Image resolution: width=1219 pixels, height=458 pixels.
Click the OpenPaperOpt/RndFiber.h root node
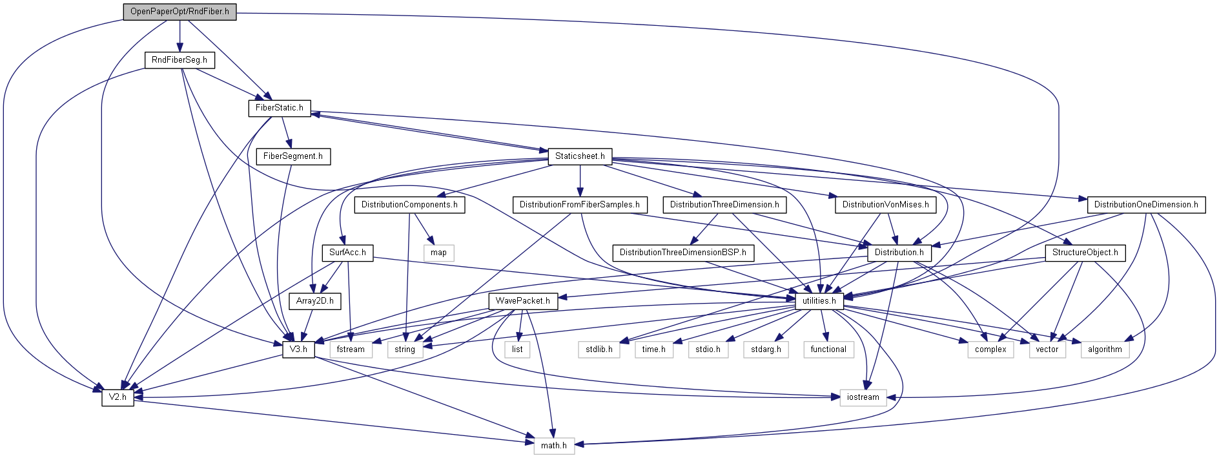[x=179, y=12]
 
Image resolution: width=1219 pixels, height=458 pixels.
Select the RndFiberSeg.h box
[x=179, y=60]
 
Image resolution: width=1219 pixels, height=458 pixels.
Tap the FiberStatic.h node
[x=279, y=108]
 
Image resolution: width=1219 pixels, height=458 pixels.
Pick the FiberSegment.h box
[x=292, y=156]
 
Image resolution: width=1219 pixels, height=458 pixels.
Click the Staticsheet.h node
[x=580, y=156]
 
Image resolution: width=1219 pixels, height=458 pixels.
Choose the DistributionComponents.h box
[x=409, y=205]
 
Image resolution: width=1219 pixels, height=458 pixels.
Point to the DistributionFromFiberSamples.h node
[x=579, y=205]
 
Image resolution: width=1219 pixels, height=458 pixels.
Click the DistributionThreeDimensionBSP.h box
[x=682, y=253]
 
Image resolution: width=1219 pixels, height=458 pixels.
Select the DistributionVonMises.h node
[x=885, y=205]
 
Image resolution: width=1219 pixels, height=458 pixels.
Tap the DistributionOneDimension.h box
[x=1145, y=205]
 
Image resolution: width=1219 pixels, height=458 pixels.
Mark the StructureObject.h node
[x=1085, y=253]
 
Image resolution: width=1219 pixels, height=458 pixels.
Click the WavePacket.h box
[x=522, y=301]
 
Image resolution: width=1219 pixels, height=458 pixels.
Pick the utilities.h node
[x=819, y=301]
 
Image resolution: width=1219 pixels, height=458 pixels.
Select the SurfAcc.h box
[x=347, y=253]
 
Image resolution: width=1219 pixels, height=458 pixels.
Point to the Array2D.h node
[x=314, y=301]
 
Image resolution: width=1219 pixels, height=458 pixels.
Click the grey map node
[x=438, y=253]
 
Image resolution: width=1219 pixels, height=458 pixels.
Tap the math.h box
[x=553, y=446]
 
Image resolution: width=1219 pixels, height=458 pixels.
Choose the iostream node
[x=863, y=397]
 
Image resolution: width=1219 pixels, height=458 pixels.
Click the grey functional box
[x=828, y=349]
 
